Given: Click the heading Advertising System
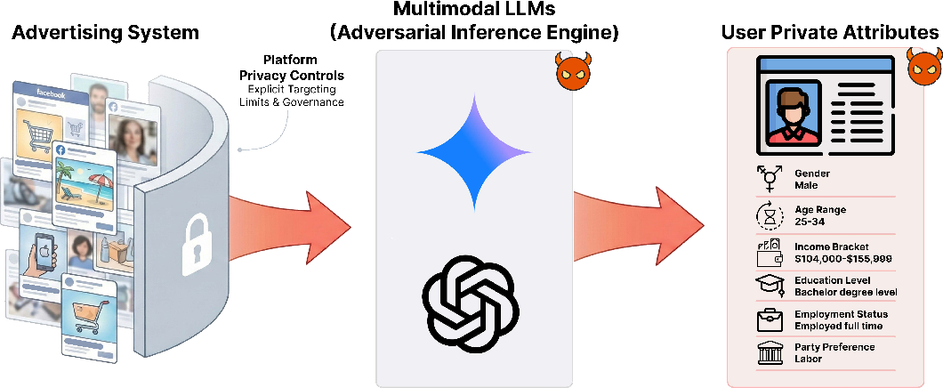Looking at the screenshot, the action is (x=105, y=32).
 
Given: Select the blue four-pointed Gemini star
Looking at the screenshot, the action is (x=474, y=152).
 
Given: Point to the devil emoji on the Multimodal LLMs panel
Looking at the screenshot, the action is (x=573, y=69).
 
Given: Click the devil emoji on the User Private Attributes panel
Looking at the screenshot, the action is (x=924, y=68).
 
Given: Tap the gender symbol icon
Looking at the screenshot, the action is (x=768, y=179).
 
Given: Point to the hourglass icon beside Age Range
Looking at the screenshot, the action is (x=770, y=215).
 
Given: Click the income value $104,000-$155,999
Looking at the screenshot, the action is (x=842, y=259).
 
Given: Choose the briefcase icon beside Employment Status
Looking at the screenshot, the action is (x=770, y=319).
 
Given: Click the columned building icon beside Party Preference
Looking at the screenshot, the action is (x=770, y=352).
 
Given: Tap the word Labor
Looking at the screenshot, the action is (x=808, y=359).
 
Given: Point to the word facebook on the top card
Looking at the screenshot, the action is (x=51, y=93).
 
